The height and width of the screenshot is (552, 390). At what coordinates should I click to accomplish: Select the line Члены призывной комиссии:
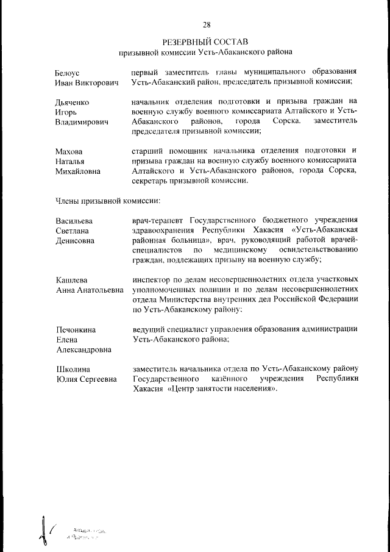108,200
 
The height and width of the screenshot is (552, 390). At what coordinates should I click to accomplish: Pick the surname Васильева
74,221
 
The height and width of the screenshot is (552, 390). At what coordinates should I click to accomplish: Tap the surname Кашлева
72,280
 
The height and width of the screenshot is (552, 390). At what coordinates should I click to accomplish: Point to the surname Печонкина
76,330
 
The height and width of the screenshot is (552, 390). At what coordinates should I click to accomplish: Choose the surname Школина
73,369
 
